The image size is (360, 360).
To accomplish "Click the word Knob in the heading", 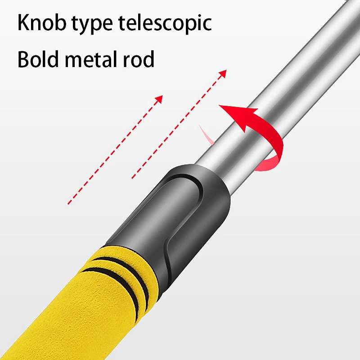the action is click(42, 22).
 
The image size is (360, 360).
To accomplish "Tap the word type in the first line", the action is click(92, 25).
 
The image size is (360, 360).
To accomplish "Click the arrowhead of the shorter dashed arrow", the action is click(159, 99).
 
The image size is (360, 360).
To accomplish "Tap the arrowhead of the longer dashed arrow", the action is click(222, 74).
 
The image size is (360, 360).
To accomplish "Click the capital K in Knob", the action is click(23, 22).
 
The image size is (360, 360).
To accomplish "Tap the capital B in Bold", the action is click(23, 59).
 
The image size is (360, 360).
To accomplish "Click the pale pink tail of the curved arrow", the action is click(206, 135).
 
